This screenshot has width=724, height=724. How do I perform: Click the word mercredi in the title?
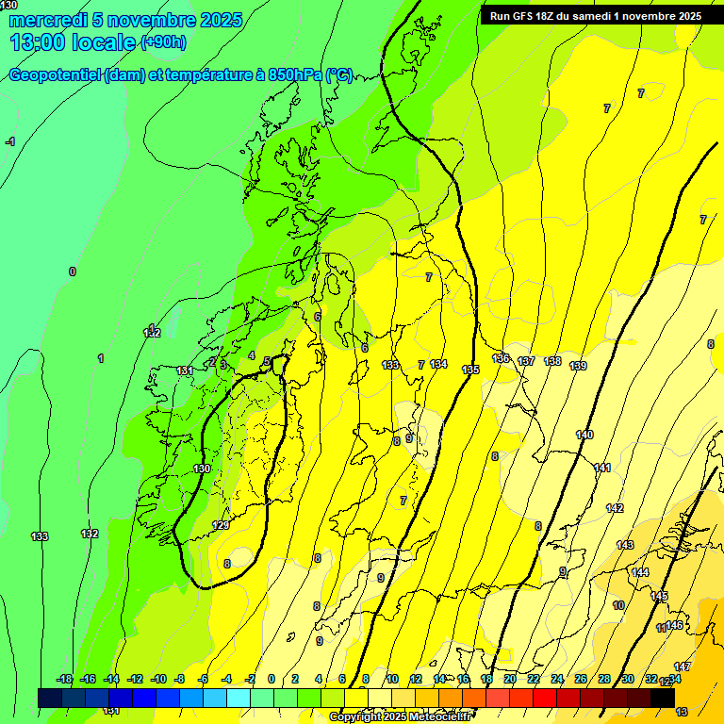click(x=48, y=20)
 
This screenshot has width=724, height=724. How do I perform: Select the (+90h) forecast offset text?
click(x=163, y=42)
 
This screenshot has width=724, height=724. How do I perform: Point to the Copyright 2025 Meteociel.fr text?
click(x=400, y=717)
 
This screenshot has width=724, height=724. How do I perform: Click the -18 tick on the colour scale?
click(x=64, y=679)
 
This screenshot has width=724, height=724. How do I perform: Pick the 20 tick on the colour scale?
click(x=509, y=679)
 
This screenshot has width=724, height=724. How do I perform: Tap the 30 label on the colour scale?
click(x=628, y=679)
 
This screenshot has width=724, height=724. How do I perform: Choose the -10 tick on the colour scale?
click(x=158, y=679)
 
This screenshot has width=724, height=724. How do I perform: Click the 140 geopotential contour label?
click(x=584, y=435)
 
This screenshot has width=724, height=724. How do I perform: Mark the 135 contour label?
click(x=470, y=370)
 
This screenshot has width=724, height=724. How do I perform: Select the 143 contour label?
click(x=625, y=545)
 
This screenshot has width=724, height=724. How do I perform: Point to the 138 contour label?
click(x=553, y=361)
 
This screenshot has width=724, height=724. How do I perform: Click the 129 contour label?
click(x=221, y=525)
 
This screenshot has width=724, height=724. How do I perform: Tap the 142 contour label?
click(x=615, y=508)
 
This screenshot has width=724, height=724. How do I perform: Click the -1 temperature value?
click(x=10, y=141)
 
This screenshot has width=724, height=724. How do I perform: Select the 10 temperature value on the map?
click(x=618, y=605)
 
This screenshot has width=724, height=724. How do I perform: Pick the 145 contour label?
click(x=659, y=597)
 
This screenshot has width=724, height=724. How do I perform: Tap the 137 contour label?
click(x=526, y=361)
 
